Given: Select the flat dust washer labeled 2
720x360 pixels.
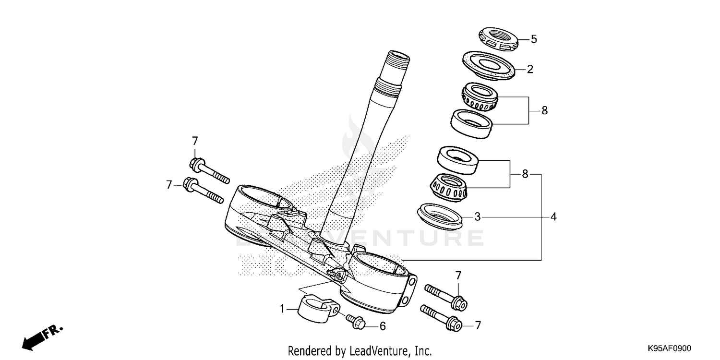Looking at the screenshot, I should [x=489, y=65].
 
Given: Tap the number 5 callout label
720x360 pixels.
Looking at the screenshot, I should [x=534, y=39].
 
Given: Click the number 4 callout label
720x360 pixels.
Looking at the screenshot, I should [x=553, y=217].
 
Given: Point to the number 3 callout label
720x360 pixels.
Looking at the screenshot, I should [x=477, y=217].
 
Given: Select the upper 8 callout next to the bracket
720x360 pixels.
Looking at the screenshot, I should [x=544, y=110].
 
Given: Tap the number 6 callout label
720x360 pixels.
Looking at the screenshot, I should [x=383, y=326].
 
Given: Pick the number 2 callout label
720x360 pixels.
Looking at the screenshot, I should [x=530, y=69].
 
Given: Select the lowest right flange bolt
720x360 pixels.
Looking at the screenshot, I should [x=442, y=318].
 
